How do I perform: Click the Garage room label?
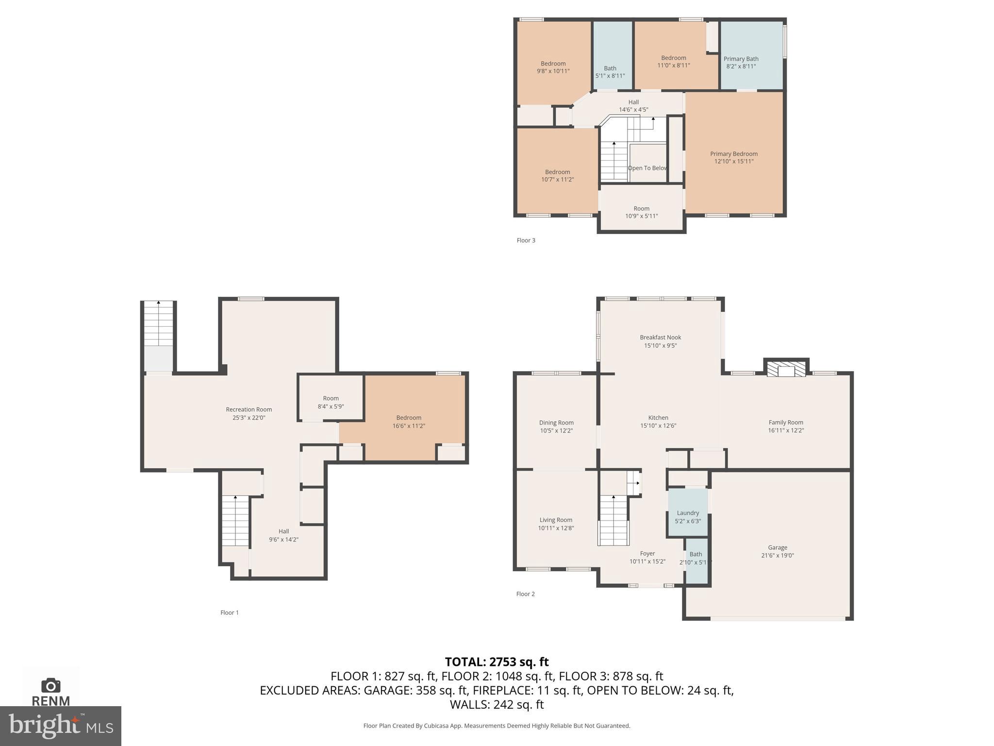[x=777, y=547]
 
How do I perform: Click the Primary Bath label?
[x=741, y=59]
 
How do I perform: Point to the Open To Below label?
[x=647, y=168]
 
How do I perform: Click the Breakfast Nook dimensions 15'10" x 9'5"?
[x=660, y=346]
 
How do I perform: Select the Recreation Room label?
[x=248, y=409]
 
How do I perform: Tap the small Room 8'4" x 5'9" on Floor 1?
[x=331, y=402]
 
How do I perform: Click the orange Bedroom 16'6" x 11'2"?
[x=409, y=422]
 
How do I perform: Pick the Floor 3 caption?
[x=526, y=240]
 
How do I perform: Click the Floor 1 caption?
[x=230, y=612]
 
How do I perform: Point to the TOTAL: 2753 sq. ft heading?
[x=497, y=662]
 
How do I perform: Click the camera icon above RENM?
[x=50, y=686]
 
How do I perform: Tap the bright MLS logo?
[x=61, y=726]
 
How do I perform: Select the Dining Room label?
[x=556, y=423]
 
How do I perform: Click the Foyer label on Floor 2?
[x=647, y=554]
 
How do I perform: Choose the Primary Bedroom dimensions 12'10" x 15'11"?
[x=733, y=161]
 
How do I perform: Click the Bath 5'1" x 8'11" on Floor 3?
[x=610, y=72]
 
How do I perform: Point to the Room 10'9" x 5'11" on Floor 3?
[x=641, y=212]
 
